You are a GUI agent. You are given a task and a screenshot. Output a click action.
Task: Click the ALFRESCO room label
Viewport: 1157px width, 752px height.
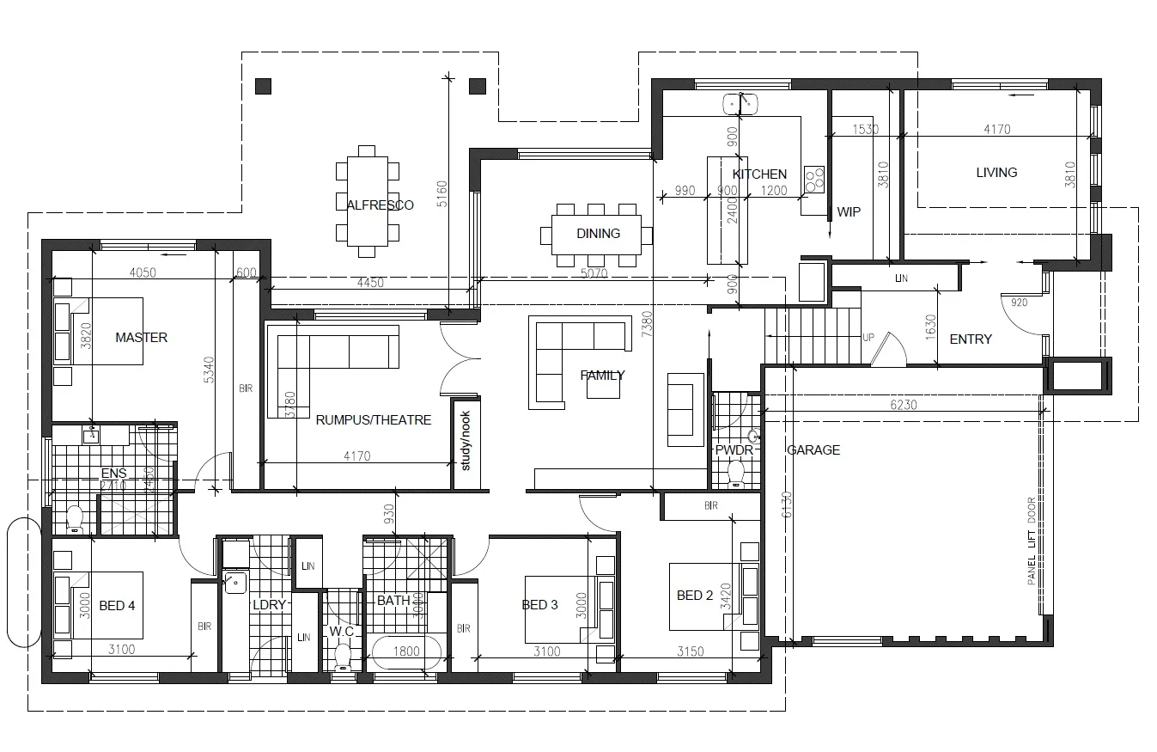click(380, 205)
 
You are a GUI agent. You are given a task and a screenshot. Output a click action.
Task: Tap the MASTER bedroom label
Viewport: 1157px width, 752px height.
click(142, 338)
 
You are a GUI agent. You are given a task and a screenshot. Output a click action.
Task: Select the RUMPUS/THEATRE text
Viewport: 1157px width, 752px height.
click(373, 420)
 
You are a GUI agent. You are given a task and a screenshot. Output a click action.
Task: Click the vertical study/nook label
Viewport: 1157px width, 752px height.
click(466, 441)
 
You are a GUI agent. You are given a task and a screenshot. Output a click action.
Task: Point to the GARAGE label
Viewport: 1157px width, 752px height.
click(813, 449)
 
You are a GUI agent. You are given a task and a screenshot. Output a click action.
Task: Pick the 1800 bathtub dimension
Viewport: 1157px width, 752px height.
click(406, 651)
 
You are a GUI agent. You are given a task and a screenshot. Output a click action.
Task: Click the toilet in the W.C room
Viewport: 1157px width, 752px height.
click(344, 657)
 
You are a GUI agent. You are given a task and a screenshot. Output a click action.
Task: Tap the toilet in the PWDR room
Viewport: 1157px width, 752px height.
click(735, 472)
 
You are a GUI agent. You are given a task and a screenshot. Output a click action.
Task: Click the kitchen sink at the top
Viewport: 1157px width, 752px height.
click(740, 104)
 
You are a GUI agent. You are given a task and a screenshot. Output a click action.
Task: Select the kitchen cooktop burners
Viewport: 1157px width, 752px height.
click(813, 179)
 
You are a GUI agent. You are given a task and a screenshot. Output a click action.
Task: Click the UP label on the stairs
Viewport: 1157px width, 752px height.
click(868, 338)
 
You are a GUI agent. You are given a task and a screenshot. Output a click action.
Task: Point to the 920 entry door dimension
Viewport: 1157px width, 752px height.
click(1019, 303)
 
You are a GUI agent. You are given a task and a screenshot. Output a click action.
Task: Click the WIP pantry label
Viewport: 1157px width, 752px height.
click(848, 211)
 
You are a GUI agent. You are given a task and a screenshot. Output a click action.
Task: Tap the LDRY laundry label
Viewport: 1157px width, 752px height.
click(269, 604)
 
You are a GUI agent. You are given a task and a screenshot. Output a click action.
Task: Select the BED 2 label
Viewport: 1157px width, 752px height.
click(695, 596)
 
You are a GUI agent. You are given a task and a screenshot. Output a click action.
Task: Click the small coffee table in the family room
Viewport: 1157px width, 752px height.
click(602, 388)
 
